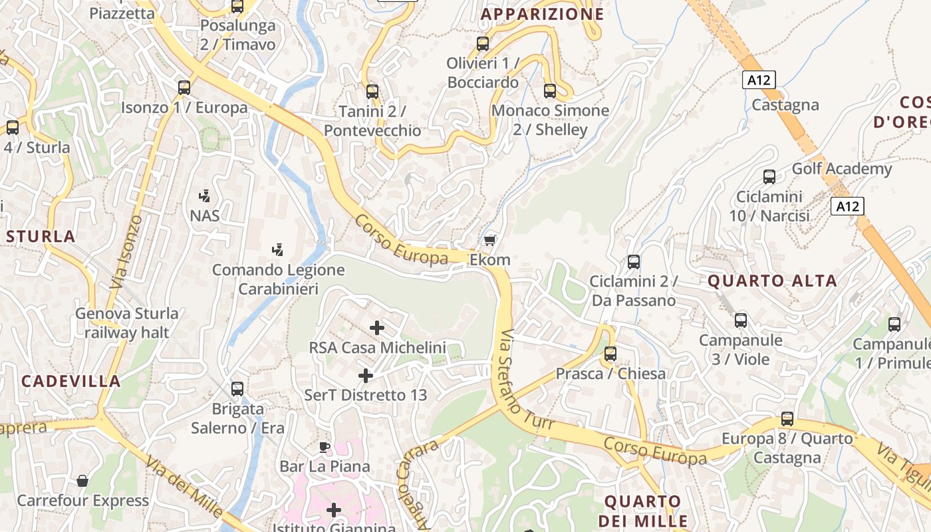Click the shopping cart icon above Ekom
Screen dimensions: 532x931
coord(490,239)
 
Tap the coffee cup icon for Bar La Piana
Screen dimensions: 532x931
coord(325,447)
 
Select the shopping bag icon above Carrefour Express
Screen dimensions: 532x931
coord(82,480)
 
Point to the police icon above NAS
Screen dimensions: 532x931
coord(205,196)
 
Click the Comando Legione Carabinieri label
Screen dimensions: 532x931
coord(278,279)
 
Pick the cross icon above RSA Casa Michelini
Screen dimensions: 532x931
coord(377,327)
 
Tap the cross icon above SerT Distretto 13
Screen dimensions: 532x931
coord(365,375)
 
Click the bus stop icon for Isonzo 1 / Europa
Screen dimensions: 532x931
coord(184,87)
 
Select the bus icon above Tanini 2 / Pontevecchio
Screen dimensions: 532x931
coord(372,91)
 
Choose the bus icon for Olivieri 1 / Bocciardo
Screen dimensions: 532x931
coord(483,44)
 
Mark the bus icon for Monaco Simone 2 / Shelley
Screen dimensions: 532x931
coord(550,90)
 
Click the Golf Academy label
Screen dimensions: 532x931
coord(841,169)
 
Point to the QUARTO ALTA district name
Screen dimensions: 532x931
coord(772,281)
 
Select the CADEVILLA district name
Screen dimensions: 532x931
coord(71,381)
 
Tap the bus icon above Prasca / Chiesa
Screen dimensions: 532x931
coord(610,354)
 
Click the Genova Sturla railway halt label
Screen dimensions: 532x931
coord(126,323)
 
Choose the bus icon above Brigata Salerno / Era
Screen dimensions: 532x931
coord(237,388)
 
